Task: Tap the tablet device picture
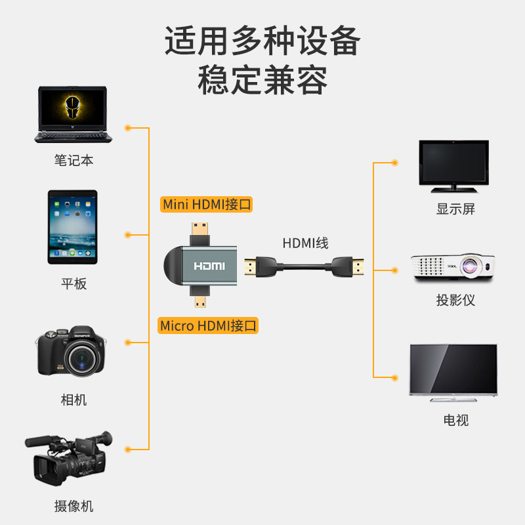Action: tap(72, 227)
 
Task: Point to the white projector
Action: tap(452, 268)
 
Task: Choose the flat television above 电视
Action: tap(453, 372)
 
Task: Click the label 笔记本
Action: tap(73, 160)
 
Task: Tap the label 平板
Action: tap(73, 284)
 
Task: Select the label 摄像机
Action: tap(73, 506)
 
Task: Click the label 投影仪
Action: tap(455, 301)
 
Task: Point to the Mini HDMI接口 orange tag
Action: tap(207, 204)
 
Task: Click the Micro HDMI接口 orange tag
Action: tap(209, 325)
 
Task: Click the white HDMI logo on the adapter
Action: tap(209, 266)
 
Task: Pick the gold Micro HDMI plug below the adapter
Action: tap(199, 303)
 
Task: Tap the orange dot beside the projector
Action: tap(394, 269)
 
